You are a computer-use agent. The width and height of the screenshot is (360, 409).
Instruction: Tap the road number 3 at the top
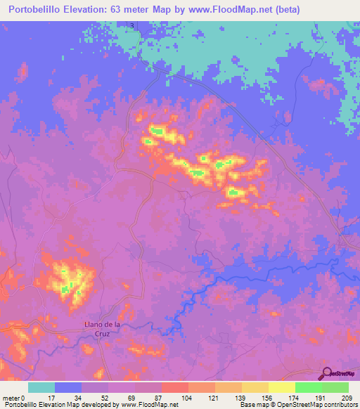(131, 25)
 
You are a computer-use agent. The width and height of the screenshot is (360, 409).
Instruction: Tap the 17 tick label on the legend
(51, 397)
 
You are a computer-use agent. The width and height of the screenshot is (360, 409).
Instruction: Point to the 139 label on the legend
(241, 397)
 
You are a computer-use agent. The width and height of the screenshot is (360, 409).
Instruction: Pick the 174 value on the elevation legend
(294, 397)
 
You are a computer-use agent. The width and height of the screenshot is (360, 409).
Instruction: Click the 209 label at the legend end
(347, 397)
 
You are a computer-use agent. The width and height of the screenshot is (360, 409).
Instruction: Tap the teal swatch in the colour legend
(41, 387)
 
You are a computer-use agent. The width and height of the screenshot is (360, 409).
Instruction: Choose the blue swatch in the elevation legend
(68, 387)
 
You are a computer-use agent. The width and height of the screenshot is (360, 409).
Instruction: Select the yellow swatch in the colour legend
(281, 387)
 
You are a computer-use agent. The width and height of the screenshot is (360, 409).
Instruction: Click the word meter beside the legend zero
(11, 397)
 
